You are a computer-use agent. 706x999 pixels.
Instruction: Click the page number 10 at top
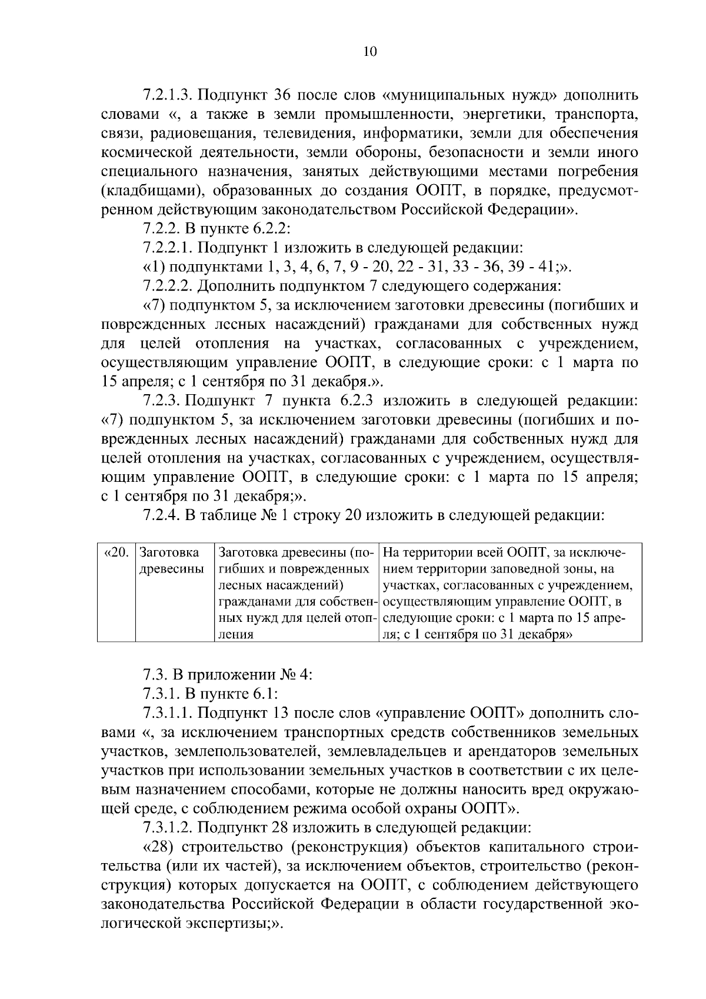(370, 51)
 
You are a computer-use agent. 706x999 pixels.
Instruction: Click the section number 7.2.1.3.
(168, 95)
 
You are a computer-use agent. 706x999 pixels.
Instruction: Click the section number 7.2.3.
(161, 401)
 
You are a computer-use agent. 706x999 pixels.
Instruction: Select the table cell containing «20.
(116, 554)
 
